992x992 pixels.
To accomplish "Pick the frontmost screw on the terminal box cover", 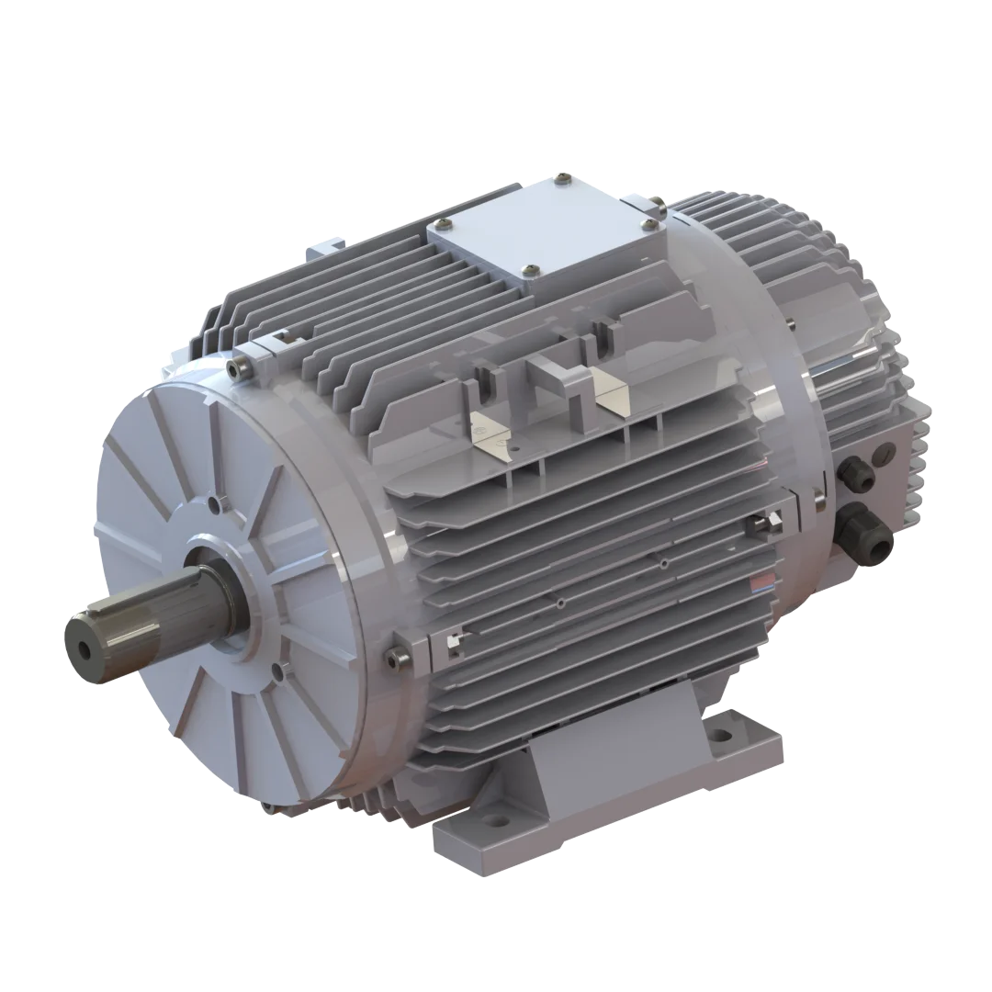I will pos(527,269).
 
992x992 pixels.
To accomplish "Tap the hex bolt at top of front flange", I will pos(242,369).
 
